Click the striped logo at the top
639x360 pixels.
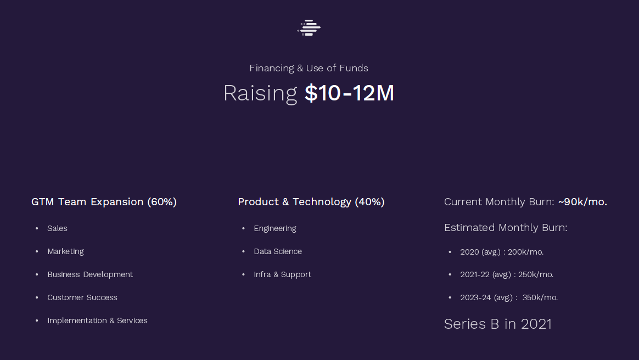point(309,27)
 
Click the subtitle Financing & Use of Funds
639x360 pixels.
point(309,68)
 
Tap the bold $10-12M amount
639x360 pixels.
point(349,93)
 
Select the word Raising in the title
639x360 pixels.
point(260,94)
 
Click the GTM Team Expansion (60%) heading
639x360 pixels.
point(104,202)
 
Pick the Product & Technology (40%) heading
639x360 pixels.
point(311,202)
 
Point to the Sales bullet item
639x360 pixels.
point(57,228)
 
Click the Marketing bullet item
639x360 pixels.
point(65,252)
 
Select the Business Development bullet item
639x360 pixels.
point(90,274)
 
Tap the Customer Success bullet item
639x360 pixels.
point(82,297)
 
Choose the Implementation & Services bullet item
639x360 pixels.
point(97,321)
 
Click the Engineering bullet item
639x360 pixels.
point(274,229)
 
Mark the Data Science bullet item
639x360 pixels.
point(278,252)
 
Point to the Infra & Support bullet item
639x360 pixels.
point(282,275)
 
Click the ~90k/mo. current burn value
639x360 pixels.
point(582,202)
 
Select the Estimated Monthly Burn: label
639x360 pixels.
point(506,228)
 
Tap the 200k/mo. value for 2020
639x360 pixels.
point(525,252)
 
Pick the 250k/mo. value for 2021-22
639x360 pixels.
point(535,275)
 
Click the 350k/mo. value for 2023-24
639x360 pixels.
point(540,297)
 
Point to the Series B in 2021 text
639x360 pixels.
point(497,324)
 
